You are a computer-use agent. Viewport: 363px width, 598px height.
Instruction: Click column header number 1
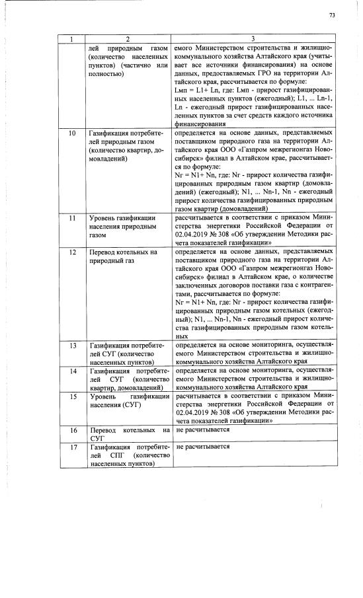click(x=72, y=39)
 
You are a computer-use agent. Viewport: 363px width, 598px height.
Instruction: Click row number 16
click(x=72, y=430)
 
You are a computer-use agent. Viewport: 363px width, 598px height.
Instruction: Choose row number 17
click(x=72, y=447)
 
